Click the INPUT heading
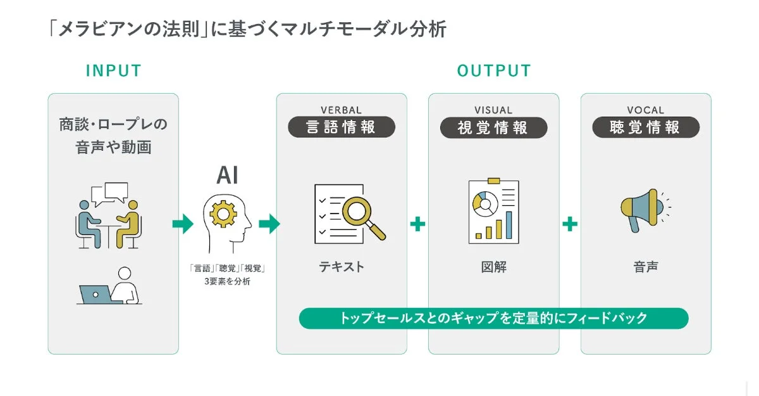tap(114, 71)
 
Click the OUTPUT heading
tap(494, 71)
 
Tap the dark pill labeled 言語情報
tap(342, 127)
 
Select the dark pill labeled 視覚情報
tap(493, 127)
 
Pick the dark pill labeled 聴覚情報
tap(646, 127)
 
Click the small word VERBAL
tap(342, 110)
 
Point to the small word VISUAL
tap(493, 110)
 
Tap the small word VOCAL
tap(646, 110)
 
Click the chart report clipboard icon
tap(493, 212)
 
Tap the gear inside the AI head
tap(223, 214)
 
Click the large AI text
tap(227, 175)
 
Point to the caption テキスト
tap(342, 267)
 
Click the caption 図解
tap(493, 267)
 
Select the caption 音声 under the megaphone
tap(646, 267)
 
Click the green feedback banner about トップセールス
tap(493, 318)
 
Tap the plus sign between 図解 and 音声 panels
tap(570, 224)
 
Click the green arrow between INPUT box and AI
tap(183, 224)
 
